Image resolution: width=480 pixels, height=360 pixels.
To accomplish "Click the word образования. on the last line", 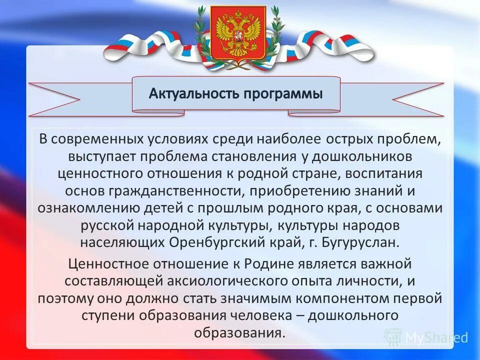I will point(239,332).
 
